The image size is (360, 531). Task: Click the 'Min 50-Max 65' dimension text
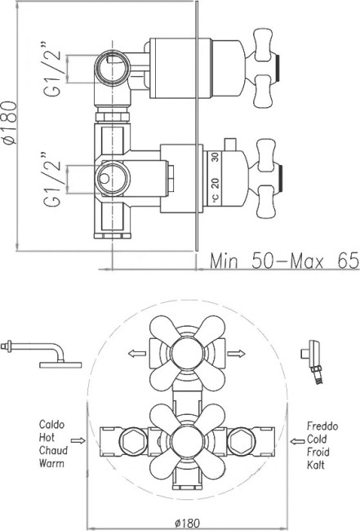pyautogui.click(x=284, y=261)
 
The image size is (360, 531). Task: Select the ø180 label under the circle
pyautogui.click(x=188, y=523)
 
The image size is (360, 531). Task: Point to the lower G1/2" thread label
pyautogui.click(x=52, y=179)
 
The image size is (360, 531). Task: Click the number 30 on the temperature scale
pyautogui.click(x=216, y=157)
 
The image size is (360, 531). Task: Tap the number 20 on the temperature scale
pyautogui.click(x=216, y=183)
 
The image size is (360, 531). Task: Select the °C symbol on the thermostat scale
pyautogui.click(x=216, y=197)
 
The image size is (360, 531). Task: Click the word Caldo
pyautogui.click(x=51, y=424)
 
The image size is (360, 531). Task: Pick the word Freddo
pyautogui.click(x=322, y=426)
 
